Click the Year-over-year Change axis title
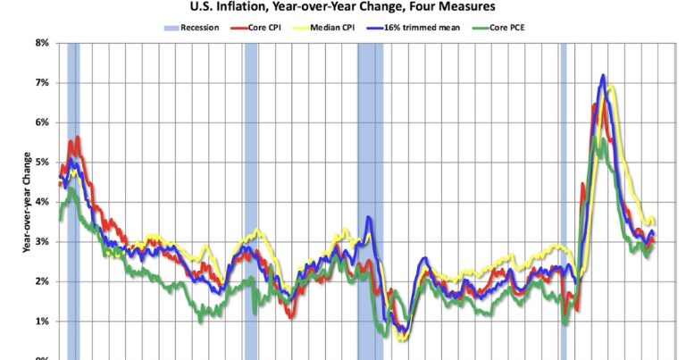[28, 201]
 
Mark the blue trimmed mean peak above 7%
[603, 77]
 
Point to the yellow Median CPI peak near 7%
[611, 88]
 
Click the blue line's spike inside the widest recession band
[368, 218]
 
